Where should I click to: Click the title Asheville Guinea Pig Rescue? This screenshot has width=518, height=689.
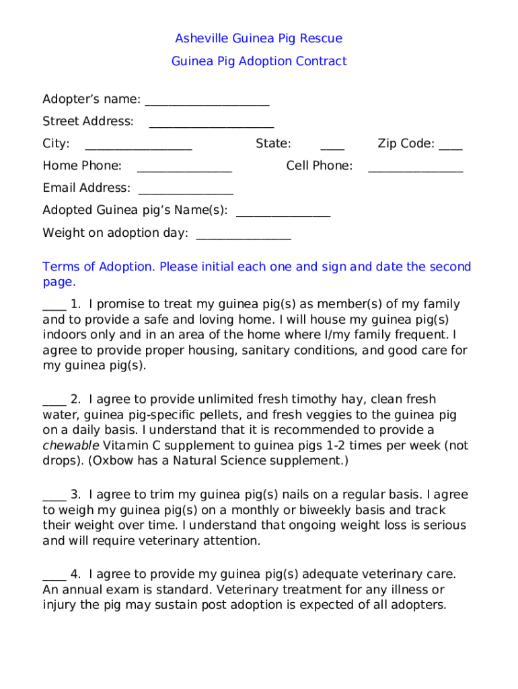pos(259,38)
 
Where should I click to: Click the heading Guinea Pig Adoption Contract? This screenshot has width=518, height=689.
pos(259,61)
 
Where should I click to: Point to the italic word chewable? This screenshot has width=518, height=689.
pos(71,445)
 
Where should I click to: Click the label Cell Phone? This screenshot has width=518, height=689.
pos(319,166)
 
